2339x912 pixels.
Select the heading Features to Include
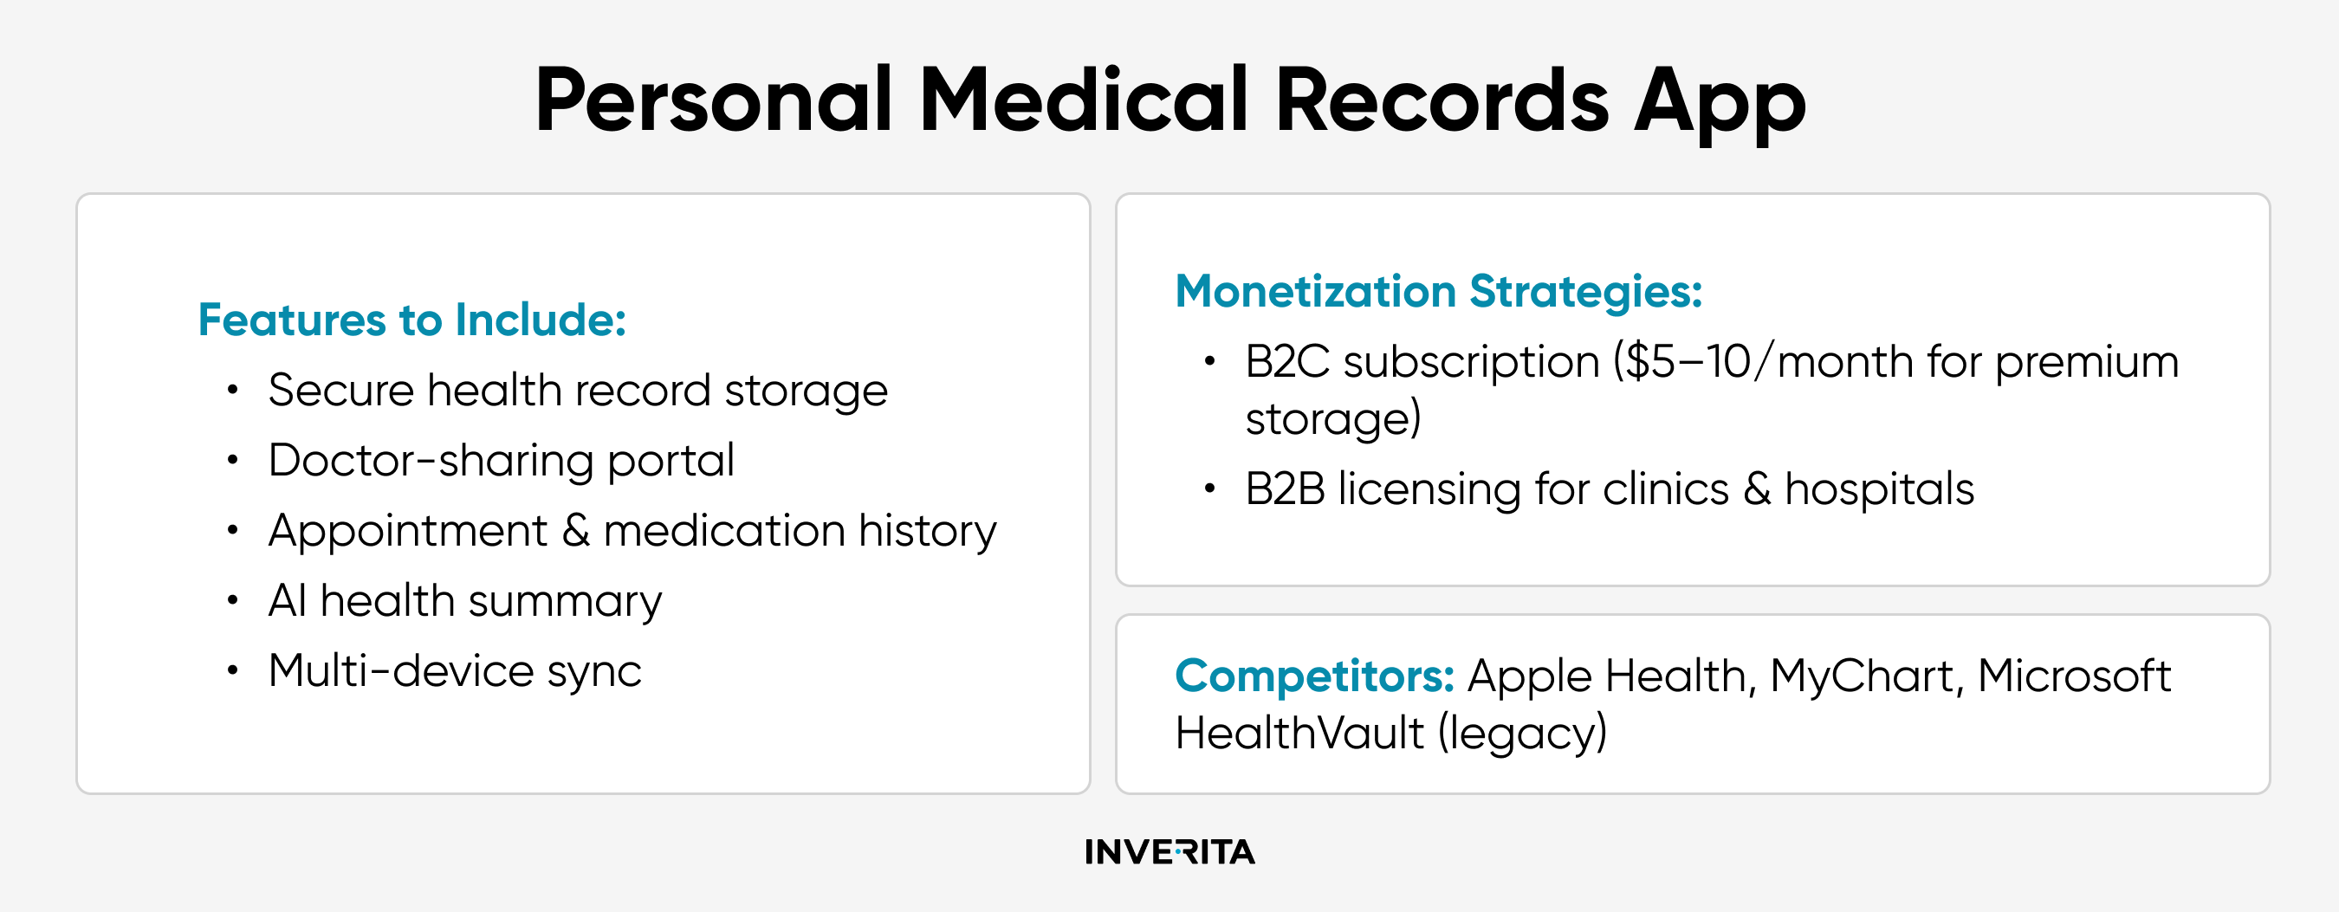click(x=412, y=320)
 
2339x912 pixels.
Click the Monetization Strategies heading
click(x=1438, y=292)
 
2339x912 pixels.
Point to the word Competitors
click(x=1315, y=677)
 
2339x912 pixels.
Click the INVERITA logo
click(x=1169, y=852)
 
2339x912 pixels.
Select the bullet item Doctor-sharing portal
click(x=502, y=461)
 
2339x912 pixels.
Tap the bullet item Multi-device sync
click(x=455, y=672)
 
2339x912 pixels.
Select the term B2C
click(x=1286, y=362)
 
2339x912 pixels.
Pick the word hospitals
click(x=1879, y=491)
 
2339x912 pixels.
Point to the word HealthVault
click(x=1299, y=733)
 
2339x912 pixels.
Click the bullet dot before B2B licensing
click(x=1209, y=489)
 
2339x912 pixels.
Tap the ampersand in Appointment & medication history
click(x=576, y=531)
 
